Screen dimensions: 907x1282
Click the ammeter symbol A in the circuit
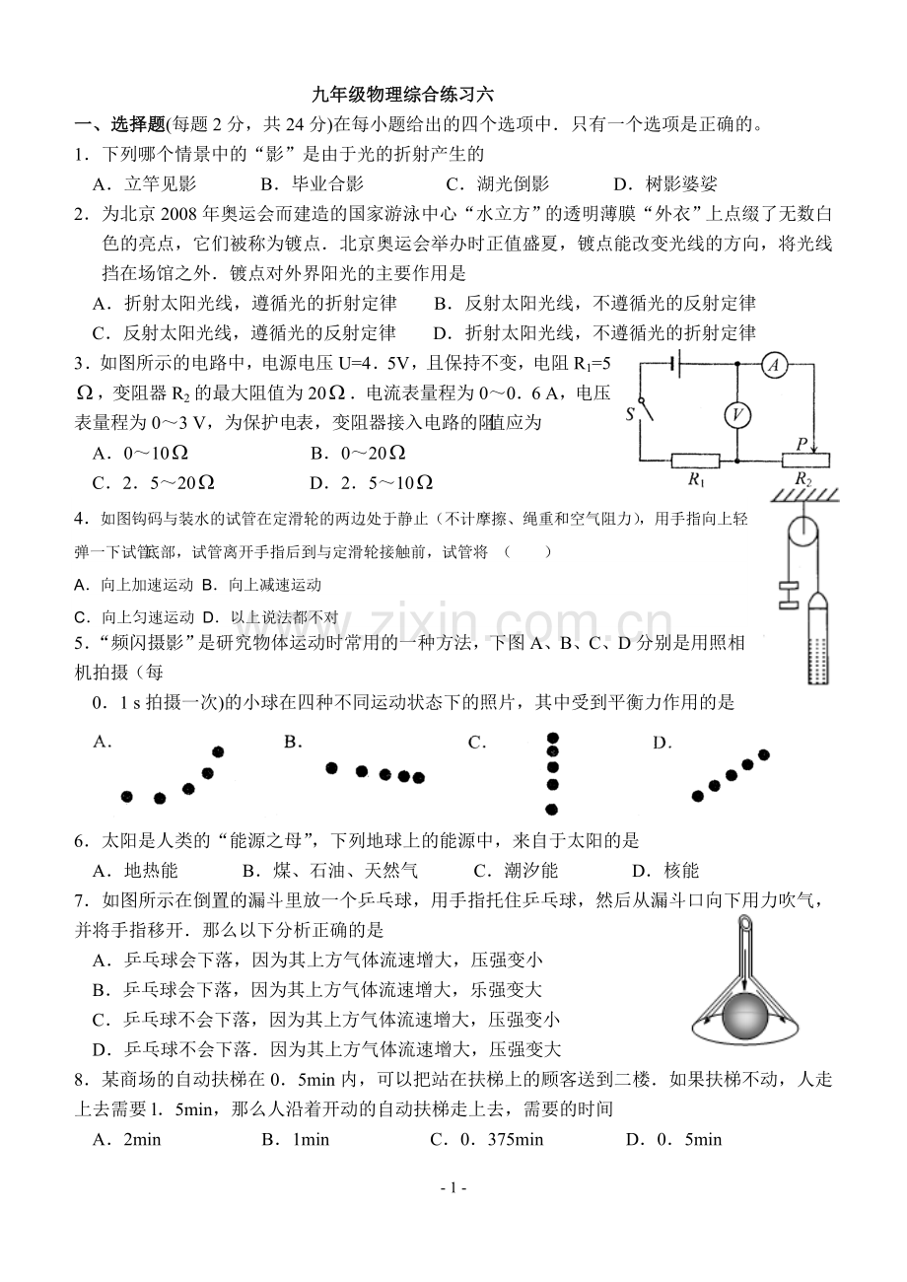pos(774,365)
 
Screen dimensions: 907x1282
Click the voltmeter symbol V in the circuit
pos(737,414)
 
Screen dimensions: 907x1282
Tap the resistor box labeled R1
pos(695,461)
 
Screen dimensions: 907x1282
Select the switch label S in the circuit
pos(629,413)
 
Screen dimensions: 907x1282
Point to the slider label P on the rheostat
pos(802,443)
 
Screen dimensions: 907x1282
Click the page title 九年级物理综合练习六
pos(403,95)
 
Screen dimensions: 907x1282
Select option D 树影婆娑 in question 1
pos(665,183)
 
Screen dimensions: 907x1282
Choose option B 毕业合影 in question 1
pos(313,183)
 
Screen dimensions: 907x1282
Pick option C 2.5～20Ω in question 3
pos(154,483)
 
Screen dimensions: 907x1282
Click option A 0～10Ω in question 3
pos(140,454)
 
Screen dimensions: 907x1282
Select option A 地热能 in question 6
pos(135,871)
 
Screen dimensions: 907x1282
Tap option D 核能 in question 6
pos(665,871)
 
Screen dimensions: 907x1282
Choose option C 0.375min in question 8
pos(486,1139)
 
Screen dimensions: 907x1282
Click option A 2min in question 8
pos(126,1139)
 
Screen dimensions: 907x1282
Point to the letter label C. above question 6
pos(477,743)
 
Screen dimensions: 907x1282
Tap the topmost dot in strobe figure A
pos(218,751)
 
